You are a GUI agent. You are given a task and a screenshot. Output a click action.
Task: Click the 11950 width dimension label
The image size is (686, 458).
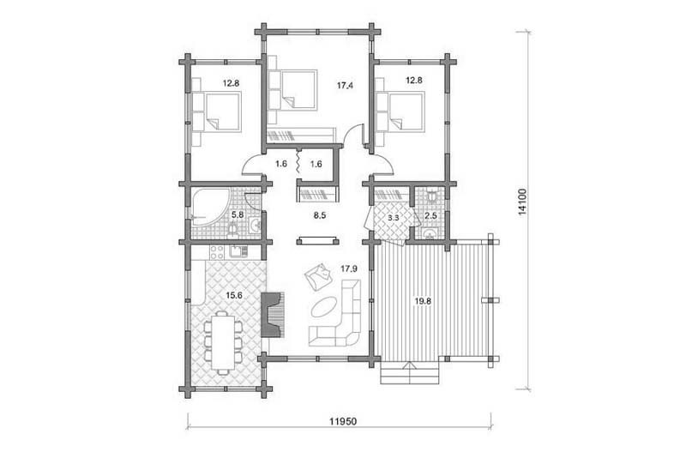[343, 421]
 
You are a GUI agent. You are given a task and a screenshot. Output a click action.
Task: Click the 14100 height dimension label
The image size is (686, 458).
[522, 202]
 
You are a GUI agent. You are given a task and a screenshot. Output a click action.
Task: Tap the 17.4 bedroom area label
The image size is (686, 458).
[345, 86]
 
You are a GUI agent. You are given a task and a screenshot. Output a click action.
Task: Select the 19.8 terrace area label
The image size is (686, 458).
[424, 301]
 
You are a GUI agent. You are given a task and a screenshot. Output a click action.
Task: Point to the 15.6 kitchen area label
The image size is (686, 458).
[234, 295]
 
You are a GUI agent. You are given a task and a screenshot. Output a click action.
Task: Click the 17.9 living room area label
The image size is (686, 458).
[349, 269]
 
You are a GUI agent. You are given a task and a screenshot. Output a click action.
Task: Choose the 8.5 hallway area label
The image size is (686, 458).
[319, 215]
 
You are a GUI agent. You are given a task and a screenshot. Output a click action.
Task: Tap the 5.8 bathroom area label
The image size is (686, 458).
[238, 214]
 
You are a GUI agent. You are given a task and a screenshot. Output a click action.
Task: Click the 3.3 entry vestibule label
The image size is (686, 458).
[393, 216]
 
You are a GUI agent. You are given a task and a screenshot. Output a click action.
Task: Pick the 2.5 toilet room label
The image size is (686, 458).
[430, 216]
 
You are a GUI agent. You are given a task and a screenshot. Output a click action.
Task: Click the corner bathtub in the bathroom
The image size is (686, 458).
[210, 207]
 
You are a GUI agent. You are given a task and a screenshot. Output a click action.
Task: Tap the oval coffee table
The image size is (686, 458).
[324, 307]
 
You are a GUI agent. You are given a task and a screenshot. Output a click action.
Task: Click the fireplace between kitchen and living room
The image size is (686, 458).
[273, 315]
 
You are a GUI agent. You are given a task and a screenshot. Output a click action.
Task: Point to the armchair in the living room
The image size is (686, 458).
[316, 275]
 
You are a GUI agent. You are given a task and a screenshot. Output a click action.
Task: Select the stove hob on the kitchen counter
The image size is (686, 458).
[218, 252]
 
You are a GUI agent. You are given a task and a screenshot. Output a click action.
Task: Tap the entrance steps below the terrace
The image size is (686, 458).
[410, 373]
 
